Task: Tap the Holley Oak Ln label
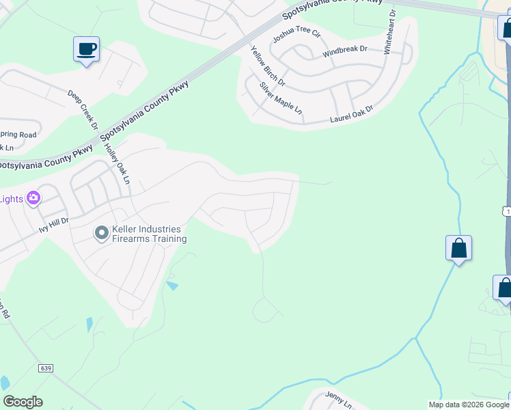click(x=117, y=163)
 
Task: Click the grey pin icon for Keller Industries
click(x=101, y=234)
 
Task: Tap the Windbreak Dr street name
click(x=345, y=51)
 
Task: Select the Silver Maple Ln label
click(x=280, y=98)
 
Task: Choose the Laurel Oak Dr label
click(x=352, y=114)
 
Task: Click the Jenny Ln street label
click(x=338, y=400)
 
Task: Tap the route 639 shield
click(x=46, y=368)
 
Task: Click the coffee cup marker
click(x=87, y=49)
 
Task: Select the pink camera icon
click(x=33, y=199)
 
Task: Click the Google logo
click(x=23, y=402)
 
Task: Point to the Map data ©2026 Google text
click(x=469, y=405)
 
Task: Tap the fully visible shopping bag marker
click(x=458, y=249)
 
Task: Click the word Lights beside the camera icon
click(x=11, y=199)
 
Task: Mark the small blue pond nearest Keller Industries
click(x=172, y=286)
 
